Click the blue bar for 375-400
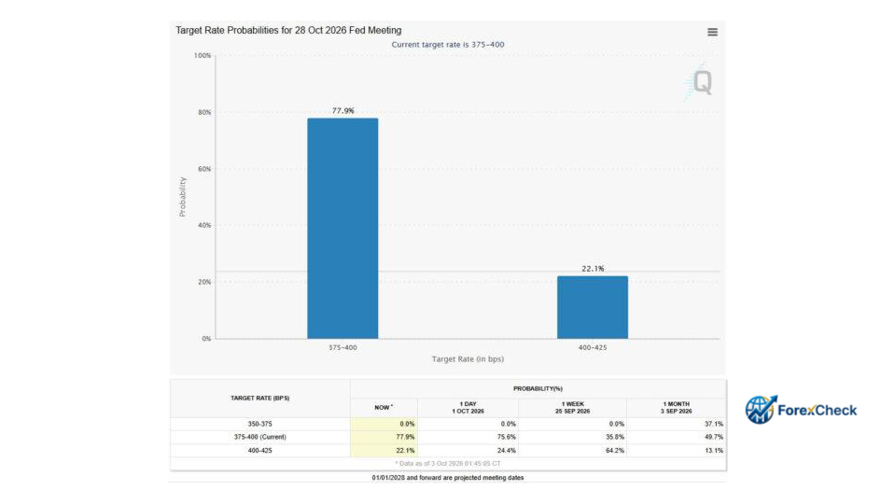click(x=343, y=228)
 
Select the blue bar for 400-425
click(x=593, y=307)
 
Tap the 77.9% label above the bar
click(x=343, y=111)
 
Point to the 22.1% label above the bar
click(x=593, y=269)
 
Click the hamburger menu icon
click(x=712, y=32)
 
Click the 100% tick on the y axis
click(x=203, y=55)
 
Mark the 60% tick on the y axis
click(x=204, y=169)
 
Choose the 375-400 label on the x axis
click(x=343, y=347)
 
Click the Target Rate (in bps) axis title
click(x=468, y=358)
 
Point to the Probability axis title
click(x=182, y=197)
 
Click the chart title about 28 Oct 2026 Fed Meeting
click(x=288, y=30)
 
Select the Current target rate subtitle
click(x=447, y=45)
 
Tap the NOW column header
click(x=384, y=408)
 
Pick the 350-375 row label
click(x=260, y=424)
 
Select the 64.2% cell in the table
click(x=615, y=450)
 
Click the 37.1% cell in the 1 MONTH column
click(x=714, y=424)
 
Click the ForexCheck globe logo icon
click(x=761, y=409)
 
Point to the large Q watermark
click(x=702, y=82)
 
